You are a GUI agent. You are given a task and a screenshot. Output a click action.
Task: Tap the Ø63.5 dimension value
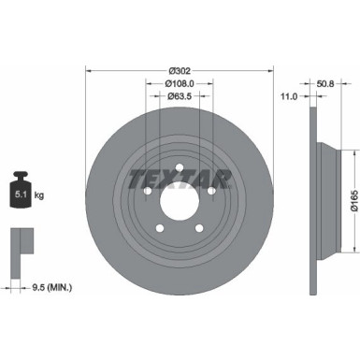tap(181, 95)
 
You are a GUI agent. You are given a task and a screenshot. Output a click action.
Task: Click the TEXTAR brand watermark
tap(180, 177)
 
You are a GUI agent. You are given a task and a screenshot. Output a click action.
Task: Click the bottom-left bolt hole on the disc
tap(160, 223)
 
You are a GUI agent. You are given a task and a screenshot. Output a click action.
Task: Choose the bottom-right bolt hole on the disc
tap(199, 223)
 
